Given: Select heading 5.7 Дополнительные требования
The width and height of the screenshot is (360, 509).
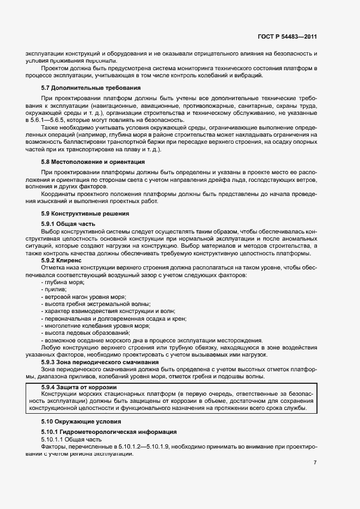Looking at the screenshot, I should coord(91,88).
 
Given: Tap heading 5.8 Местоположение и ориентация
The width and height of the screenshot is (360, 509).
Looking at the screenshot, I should coord(93,162).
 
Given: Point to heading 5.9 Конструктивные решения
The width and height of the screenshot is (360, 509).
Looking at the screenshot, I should coord(85,213).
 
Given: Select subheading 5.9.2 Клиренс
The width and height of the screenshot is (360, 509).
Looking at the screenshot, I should coord(61,261).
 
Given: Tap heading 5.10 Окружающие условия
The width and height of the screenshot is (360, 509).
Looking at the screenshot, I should coord(82,421).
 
